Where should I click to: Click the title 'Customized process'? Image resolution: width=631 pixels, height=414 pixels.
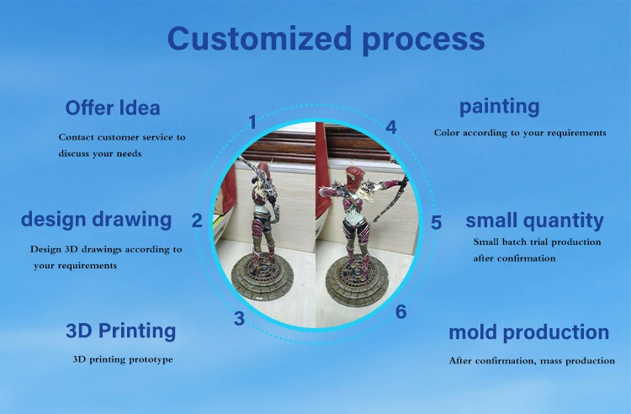coord(326,40)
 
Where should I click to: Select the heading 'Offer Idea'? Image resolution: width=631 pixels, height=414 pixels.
coord(113,108)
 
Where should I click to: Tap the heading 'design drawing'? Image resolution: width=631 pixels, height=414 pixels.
coord(97,220)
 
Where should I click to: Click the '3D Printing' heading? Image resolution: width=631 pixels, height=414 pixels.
coord(120,332)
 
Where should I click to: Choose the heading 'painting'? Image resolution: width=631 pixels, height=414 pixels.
coord(500,107)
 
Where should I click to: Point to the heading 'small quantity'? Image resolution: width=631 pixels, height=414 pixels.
coord(535,220)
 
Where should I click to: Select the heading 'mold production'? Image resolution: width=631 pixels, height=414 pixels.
coord(529,332)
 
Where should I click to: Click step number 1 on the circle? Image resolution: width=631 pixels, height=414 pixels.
coord(252,122)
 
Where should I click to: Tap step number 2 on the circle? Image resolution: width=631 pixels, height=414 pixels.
coord(197,220)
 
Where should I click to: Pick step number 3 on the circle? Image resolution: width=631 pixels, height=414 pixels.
coord(239,319)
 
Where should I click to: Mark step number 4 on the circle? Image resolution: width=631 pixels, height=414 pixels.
coord(391,127)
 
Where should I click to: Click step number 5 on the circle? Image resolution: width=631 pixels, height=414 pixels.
coord(436,223)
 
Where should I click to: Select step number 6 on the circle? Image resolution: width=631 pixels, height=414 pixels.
coord(400,312)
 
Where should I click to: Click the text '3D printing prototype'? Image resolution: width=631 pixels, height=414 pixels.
coord(123,359)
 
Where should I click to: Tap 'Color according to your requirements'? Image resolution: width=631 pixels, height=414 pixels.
coord(520,133)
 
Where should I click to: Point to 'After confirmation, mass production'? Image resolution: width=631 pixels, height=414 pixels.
coord(532,360)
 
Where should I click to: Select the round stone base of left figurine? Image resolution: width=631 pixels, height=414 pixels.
coord(264,278)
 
